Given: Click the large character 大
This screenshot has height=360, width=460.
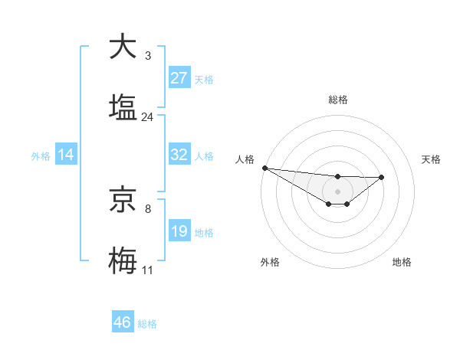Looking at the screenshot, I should point(123,47).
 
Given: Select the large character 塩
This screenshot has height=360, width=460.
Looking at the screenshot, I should point(123,107).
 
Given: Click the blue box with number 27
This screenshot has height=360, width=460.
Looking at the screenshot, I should point(179,78).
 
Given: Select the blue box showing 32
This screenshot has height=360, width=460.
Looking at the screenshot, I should point(179,155).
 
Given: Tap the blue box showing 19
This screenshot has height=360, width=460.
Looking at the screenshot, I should point(179,231).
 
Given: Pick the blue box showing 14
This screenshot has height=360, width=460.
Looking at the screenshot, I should point(66,155).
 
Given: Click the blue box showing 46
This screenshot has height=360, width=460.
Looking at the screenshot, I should point(123,322).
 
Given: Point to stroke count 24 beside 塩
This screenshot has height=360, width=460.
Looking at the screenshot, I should point(148,117).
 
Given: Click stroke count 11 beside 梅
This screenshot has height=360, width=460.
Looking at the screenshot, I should point(148,270).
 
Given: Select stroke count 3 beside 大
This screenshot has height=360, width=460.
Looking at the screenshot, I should point(148,56).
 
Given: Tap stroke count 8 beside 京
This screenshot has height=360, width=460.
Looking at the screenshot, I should point(148,208).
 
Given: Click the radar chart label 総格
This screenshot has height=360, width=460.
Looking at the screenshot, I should point(338,100).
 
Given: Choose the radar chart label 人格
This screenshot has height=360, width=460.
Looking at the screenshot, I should point(245,159).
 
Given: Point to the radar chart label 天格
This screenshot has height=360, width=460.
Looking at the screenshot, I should point(432,159).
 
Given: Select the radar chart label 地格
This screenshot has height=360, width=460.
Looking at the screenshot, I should point(402,262).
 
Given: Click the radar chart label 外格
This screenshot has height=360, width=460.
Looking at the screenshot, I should point(270,262).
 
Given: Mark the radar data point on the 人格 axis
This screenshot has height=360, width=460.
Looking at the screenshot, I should point(264,167).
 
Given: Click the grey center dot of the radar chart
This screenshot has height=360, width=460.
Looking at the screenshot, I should point(337,191).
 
